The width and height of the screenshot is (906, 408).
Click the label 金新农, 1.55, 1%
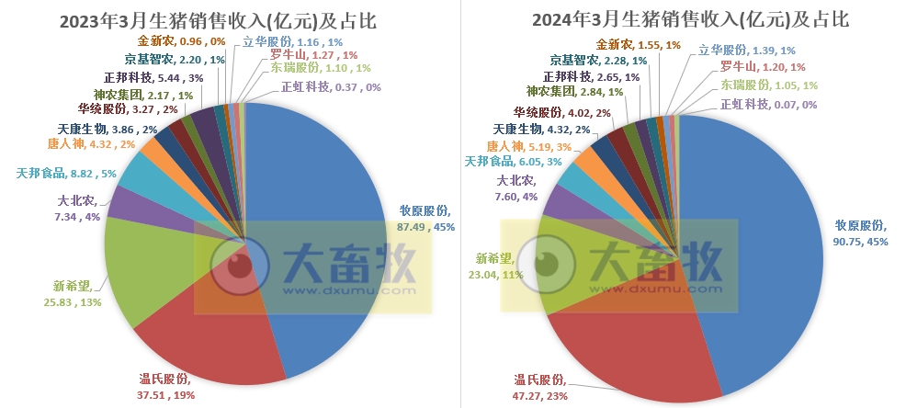click(x=638, y=44)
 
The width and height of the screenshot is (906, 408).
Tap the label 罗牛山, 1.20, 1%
click(x=763, y=66)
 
